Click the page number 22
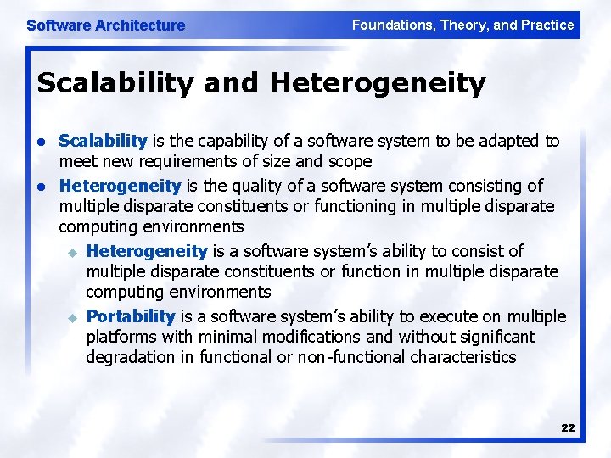coord(568,428)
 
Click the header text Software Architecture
coord(105,25)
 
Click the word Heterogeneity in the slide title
coord(378,84)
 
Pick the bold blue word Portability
coord(131,316)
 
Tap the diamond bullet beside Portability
coord(72,317)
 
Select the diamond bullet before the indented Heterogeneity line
coord(72,252)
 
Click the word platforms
coord(121,337)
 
